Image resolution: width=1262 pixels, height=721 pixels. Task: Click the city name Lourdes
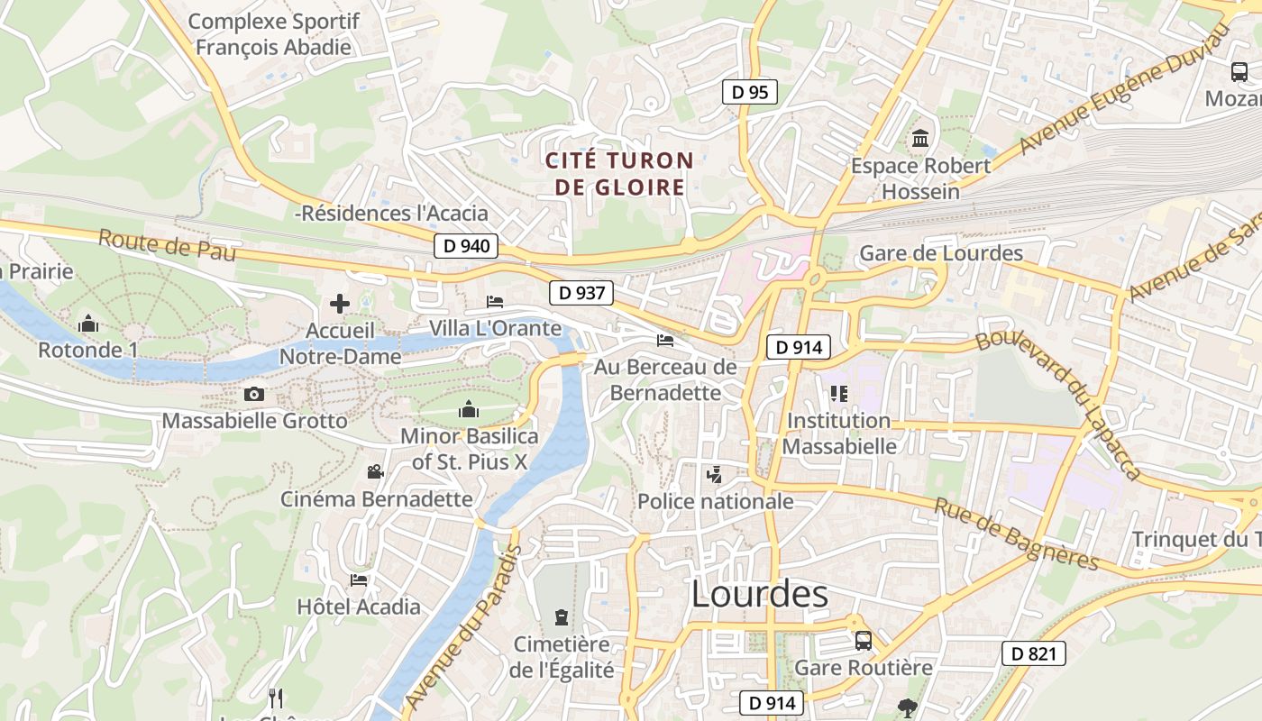pos(759,594)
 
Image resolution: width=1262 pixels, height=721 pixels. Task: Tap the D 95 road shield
pos(749,92)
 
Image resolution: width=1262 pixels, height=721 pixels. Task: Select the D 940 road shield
pos(466,245)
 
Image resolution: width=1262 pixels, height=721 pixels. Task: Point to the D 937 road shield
pos(581,292)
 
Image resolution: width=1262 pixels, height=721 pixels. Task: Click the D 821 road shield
pos(1033,653)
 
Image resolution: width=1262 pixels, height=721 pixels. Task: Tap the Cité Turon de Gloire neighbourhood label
pos(619,174)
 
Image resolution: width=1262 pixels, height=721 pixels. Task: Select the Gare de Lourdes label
pos(941,253)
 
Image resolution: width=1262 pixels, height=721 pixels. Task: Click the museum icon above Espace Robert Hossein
pos(920,139)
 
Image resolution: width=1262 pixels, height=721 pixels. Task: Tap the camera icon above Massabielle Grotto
pos(254,394)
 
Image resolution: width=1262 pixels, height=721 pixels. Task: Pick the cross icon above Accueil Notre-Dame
pos(340,304)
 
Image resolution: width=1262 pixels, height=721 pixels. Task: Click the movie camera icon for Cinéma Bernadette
pos(375,471)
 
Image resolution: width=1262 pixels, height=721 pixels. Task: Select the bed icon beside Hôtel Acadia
pos(359,580)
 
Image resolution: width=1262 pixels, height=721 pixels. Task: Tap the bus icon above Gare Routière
pos(863,640)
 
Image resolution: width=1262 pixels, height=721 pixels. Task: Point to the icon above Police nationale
pos(714,474)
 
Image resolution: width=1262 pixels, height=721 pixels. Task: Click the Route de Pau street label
pos(167,245)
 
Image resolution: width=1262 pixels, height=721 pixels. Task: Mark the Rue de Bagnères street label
pos(1016,534)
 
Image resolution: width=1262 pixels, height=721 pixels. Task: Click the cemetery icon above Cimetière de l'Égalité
pos(562,617)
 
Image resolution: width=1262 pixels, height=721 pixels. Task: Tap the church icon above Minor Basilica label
pos(468,410)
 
